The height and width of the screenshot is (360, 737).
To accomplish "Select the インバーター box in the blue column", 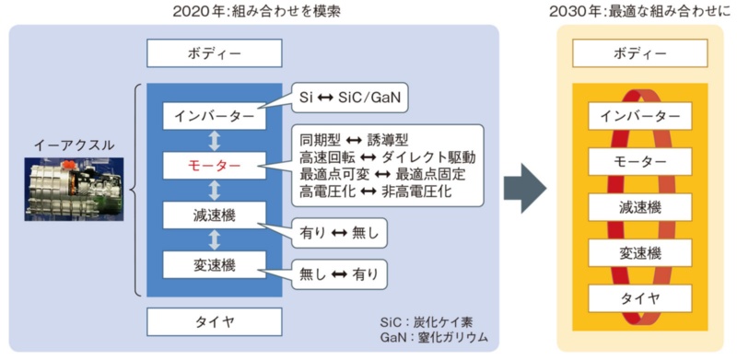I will (x=215, y=117).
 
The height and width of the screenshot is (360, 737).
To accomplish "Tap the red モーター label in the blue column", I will (x=215, y=167).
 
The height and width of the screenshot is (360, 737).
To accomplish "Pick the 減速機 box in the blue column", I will (x=215, y=216).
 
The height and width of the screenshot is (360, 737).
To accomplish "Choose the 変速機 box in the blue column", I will (x=215, y=265).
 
